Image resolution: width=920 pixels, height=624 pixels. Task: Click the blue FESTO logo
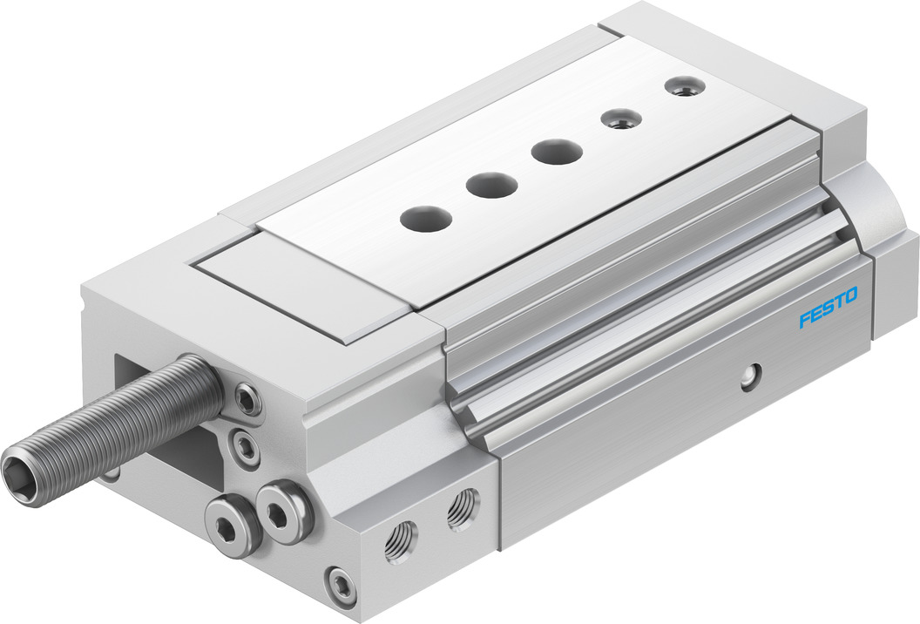click(829, 307)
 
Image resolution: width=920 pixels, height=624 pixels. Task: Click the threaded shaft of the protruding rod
click(112, 417)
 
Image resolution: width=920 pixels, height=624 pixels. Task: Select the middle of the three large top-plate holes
click(492, 185)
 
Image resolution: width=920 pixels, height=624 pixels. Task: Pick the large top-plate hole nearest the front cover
click(427, 219)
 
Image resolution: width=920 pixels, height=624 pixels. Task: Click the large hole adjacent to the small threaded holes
click(558, 152)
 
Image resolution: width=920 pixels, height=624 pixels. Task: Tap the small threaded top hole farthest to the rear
click(683, 86)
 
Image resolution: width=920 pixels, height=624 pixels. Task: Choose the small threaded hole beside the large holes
click(624, 119)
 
